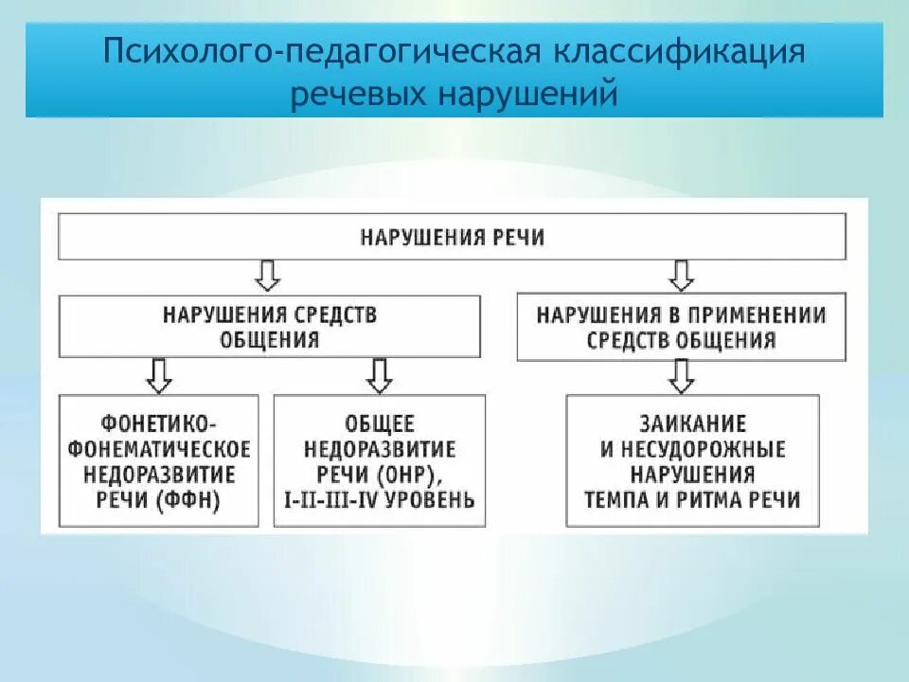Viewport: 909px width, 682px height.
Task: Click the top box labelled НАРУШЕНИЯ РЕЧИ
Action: (453, 237)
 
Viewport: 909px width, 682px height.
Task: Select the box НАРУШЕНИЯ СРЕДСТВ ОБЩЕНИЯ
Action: (269, 327)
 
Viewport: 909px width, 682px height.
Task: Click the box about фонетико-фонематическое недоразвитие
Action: (159, 460)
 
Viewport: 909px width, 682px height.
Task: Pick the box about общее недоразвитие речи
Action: (380, 460)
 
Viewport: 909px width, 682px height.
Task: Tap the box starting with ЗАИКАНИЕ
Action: (692, 460)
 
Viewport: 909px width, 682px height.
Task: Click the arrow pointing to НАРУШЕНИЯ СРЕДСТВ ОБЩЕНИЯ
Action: (269, 276)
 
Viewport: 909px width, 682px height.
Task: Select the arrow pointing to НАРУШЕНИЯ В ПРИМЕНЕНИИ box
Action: (681, 276)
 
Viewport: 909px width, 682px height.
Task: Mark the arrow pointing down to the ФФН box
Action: (159, 375)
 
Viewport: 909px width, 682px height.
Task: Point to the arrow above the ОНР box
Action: (380, 375)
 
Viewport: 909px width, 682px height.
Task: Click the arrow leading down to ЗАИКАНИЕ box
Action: (681, 376)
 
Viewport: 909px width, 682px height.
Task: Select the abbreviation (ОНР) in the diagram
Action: (408, 474)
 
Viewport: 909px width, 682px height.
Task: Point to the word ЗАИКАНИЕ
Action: (692, 422)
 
